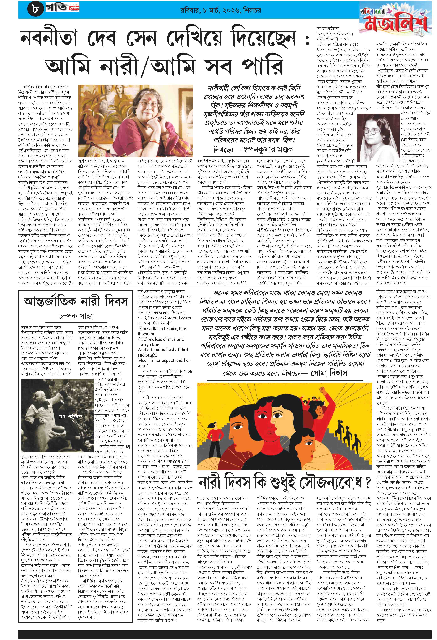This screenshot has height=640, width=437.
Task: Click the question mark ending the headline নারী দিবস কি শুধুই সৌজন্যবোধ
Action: (367, 482)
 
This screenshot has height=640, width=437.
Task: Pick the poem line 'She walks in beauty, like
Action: (162, 328)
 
